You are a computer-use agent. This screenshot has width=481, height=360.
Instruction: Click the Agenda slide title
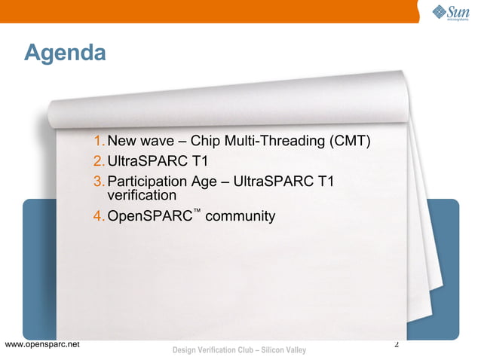(x=64, y=53)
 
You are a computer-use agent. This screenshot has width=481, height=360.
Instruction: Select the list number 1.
(x=99, y=142)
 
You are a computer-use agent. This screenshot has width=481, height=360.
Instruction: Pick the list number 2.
(x=99, y=161)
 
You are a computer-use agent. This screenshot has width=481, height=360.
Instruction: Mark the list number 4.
(x=99, y=217)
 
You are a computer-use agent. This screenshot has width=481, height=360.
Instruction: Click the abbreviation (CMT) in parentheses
(x=350, y=142)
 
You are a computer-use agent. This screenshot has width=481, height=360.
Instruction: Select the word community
(x=240, y=217)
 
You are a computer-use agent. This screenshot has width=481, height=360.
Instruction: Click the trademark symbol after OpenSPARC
(x=196, y=212)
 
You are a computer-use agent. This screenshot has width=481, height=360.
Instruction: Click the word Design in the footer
(x=185, y=350)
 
